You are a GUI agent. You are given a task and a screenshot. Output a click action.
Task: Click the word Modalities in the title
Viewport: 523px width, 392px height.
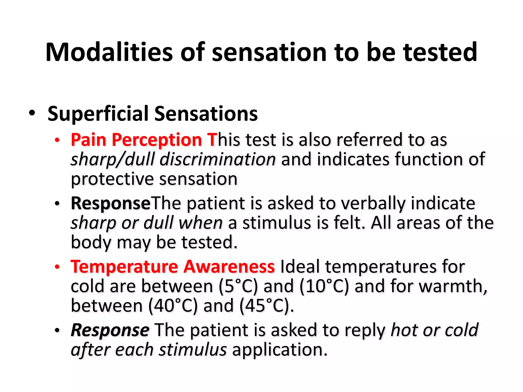point(109,52)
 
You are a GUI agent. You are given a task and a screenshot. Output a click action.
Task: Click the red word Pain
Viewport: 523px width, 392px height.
point(88,140)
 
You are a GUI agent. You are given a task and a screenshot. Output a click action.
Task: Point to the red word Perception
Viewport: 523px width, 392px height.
point(157,140)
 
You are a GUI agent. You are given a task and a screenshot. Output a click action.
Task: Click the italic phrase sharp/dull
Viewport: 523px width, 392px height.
point(112,160)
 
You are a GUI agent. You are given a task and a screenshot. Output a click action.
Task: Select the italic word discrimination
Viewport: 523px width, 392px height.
point(218,159)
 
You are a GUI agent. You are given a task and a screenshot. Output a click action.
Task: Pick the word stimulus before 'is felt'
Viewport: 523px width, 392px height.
point(277,223)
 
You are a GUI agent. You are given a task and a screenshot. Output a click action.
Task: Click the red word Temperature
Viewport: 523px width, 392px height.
point(124,267)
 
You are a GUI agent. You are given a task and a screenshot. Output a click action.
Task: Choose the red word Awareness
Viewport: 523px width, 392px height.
point(229,266)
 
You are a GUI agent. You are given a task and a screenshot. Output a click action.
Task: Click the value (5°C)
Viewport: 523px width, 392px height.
point(238,286)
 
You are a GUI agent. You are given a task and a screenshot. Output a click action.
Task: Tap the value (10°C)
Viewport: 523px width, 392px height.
point(324,286)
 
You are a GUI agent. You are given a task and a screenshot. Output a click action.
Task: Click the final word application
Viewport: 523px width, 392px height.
point(279,350)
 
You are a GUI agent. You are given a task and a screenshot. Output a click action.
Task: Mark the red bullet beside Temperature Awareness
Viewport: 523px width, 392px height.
point(57,267)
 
